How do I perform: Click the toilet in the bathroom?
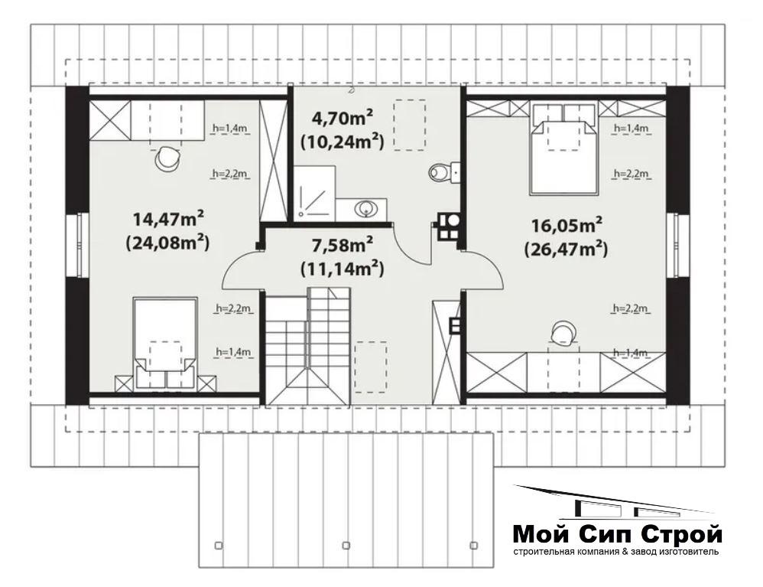pyautogui.click(x=440, y=172)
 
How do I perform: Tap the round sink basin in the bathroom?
pyautogui.click(x=365, y=209)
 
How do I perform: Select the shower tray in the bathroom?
pyautogui.click(x=313, y=192)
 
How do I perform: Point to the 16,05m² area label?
pyautogui.click(x=567, y=226)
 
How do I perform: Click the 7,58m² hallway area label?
pyautogui.click(x=343, y=245)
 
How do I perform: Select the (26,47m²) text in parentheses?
pyautogui.click(x=567, y=249)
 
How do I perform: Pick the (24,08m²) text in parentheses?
pyautogui.click(x=168, y=242)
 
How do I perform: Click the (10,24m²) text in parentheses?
pyautogui.click(x=343, y=142)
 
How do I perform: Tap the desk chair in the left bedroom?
pyautogui.click(x=167, y=159)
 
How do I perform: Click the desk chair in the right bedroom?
pyautogui.click(x=563, y=334)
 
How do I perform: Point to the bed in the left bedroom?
pyautogui.click(x=165, y=344)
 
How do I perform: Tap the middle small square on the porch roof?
pyautogui.click(x=346, y=545)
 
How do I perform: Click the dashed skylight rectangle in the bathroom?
pyautogui.click(x=409, y=125)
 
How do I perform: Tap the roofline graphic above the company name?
pyautogui.click(x=615, y=504)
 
